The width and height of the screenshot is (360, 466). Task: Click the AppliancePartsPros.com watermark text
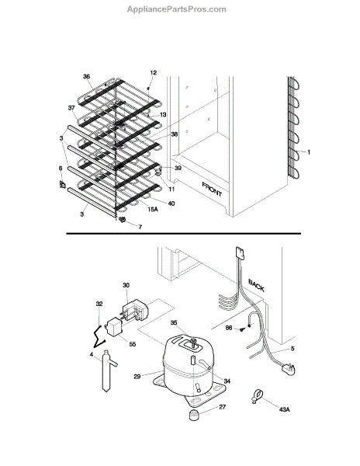point(177,9)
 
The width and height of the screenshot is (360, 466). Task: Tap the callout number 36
point(86,77)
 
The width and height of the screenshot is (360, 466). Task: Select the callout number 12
point(154,73)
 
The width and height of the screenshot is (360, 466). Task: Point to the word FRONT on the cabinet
point(212,190)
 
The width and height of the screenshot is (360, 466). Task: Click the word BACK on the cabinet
point(256,285)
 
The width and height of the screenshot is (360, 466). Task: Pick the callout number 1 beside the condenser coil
point(308,152)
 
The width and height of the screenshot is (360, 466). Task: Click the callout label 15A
point(153,209)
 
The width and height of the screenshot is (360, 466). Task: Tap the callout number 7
point(140,227)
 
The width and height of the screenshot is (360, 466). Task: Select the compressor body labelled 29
point(186,367)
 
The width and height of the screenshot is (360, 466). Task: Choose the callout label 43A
point(284,409)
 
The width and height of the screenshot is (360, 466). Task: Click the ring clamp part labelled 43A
point(257,397)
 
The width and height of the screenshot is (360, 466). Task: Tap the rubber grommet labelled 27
point(194,414)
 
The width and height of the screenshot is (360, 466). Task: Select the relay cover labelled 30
point(133,310)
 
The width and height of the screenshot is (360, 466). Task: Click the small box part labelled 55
point(114,327)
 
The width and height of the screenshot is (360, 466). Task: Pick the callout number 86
point(229,328)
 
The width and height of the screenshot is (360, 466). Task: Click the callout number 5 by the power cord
point(292,348)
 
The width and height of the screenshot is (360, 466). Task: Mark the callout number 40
point(171,203)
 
